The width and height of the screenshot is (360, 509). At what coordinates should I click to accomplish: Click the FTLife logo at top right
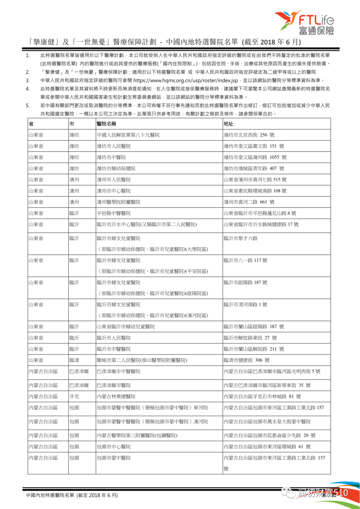point(304,23)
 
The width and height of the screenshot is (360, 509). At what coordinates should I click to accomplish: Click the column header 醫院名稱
point(106,124)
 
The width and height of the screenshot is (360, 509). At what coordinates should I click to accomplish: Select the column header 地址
point(228,124)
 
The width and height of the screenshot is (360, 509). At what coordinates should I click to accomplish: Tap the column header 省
point(31,124)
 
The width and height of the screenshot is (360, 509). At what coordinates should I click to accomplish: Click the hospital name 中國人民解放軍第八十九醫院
point(128,135)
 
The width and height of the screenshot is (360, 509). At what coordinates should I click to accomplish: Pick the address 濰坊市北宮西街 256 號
point(249,135)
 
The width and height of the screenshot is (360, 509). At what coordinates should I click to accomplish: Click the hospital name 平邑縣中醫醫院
point(114,213)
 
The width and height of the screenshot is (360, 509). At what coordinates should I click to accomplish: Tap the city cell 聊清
point(74,360)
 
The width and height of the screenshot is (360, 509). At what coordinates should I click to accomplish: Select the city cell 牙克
point(74,397)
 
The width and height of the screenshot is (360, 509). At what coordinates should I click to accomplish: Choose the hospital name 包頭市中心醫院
point(114,447)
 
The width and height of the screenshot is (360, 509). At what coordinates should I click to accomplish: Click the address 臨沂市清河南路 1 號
point(245,305)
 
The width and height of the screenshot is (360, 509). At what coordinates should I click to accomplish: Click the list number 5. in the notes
point(28,105)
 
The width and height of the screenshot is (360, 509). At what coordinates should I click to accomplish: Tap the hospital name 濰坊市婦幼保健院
point(116,168)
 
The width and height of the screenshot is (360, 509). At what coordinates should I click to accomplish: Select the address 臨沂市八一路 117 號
point(245,261)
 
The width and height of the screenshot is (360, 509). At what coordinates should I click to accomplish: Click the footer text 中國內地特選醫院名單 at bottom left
point(50,495)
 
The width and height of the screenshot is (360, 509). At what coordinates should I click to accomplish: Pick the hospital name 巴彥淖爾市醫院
point(114,385)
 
